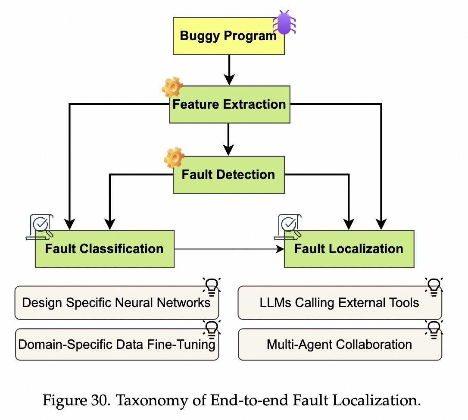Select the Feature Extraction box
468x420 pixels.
coord(229,104)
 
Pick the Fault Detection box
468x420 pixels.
coord(228,175)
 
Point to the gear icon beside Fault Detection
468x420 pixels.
coord(174,157)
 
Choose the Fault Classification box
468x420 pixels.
coord(104,249)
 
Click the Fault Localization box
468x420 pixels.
coord(349,249)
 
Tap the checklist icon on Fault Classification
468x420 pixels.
coord(40,226)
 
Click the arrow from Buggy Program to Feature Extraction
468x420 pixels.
coord(229,69)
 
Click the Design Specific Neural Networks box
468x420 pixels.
coord(116,303)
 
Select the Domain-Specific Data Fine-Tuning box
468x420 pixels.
coord(116,345)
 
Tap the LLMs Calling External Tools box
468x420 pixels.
coord(340,303)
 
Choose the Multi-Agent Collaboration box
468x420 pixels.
coord(340,345)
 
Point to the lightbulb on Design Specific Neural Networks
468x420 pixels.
coord(211,286)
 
